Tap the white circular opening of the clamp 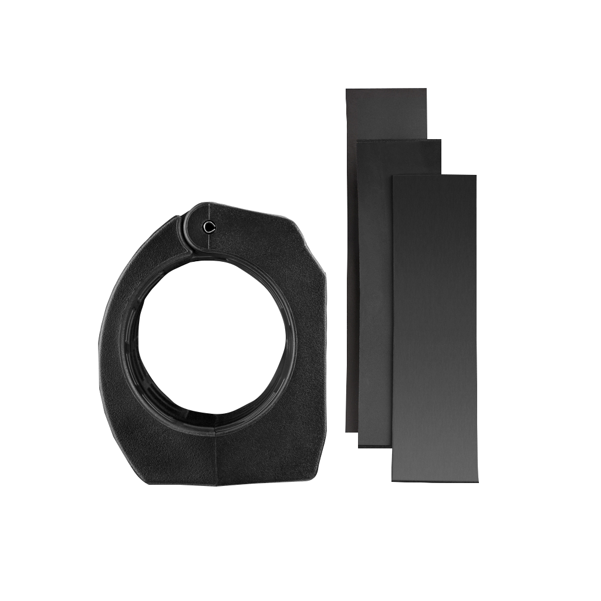pyautogui.click(x=211, y=337)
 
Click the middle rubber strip pyautogui.click(x=374, y=293)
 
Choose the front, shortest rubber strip pyautogui.click(x=434, y=329)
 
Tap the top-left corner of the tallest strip pyautogui.click(x=346, y=89)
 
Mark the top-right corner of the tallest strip pyautogui.click(x=427, y=89)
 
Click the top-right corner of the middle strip pyautogui.click(x=440, y=140)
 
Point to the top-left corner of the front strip pyautogui.click(x=393, y=175)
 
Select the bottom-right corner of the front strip pyautogui.click(x=478, y=482)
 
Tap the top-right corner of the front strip pyautogui.click(x=476, y=175)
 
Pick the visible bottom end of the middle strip pyautogui.click(x=374, y=446)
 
